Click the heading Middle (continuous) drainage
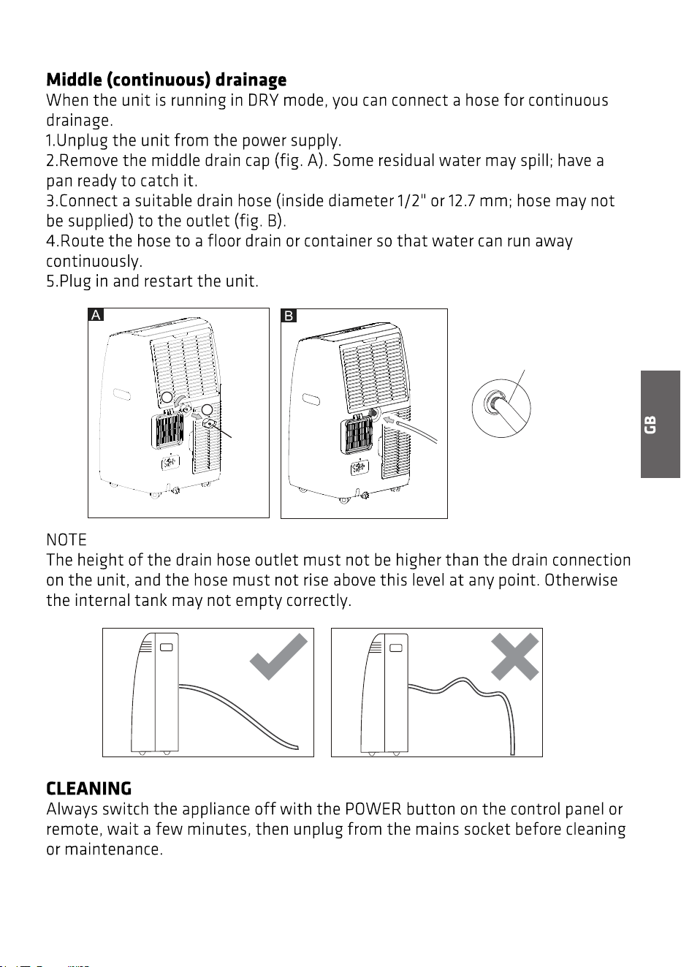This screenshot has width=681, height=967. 166,80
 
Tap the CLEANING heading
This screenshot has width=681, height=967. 89,788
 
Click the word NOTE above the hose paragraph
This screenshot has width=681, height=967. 66,539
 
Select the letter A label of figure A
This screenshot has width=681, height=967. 96,315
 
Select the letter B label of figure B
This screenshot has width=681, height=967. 289,316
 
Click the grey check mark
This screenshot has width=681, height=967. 278,656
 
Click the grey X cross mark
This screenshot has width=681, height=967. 515,656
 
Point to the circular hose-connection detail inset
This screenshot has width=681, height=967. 501,409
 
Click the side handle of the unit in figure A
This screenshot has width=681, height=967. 122,395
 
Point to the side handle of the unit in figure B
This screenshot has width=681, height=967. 311,399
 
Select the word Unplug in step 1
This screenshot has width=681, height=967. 83,141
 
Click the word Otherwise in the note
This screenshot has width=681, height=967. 581,580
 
